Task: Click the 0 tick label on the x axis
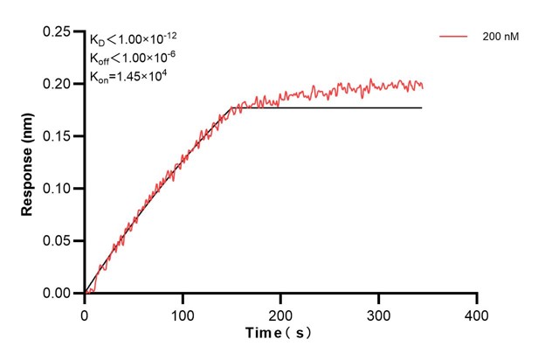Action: pyautogui.click(x=85, y=311)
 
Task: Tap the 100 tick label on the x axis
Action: pyautogui.click(x=183, y=311)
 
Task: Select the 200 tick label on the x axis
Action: pyautogui.click(x=280, y=311)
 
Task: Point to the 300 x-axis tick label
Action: pyautogui.click(x=378, y=311)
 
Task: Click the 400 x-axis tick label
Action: pyautogui.click(x=476, y=311)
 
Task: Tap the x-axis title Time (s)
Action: pyautogui.click(x=278, y=333)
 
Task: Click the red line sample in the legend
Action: pyautogui.click(x=454, y=37)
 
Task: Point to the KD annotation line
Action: pyautogui.click(x=132, y=39)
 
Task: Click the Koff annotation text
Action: pyautogui.click(x=134, y=58)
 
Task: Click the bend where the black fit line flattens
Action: pyautogui.click(x=231, y=107)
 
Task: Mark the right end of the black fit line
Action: pyautogui.click(x=422, y=107)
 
